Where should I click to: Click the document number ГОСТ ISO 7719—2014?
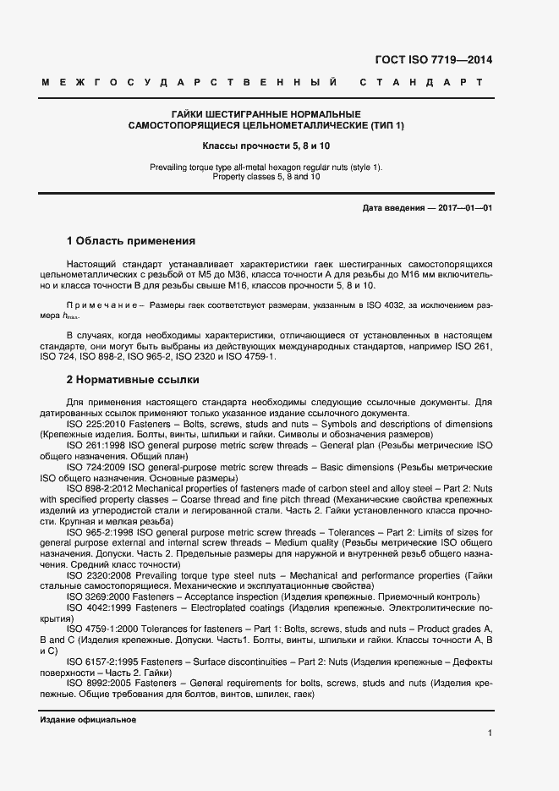(x=432, y=60)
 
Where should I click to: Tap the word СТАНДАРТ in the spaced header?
(x=421, y=83)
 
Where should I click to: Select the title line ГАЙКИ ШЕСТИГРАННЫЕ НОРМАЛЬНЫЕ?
(x=266, y=114)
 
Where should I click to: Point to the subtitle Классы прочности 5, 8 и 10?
(x=266, y=146)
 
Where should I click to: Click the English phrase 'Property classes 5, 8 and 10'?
(x=266, y=177)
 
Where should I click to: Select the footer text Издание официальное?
(x=88, y=719)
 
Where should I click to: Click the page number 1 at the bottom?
(x=490, y=733)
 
